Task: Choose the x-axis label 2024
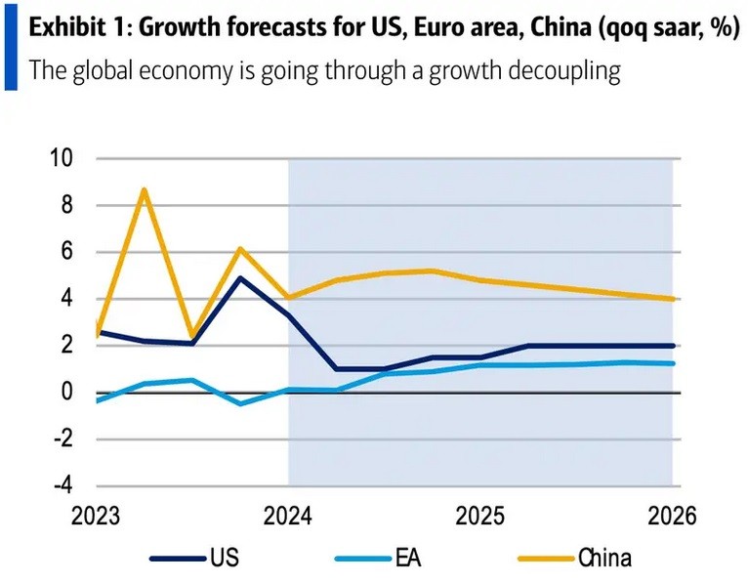point(288,515)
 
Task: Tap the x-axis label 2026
point(672,515)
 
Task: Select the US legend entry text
point(223,559)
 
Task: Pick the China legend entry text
point(604,559)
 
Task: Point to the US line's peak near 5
point(240,277)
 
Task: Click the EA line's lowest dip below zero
point(240,403)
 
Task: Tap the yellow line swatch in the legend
point(542,559)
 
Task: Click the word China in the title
point(551,28)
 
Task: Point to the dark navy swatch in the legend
point(177,559)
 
